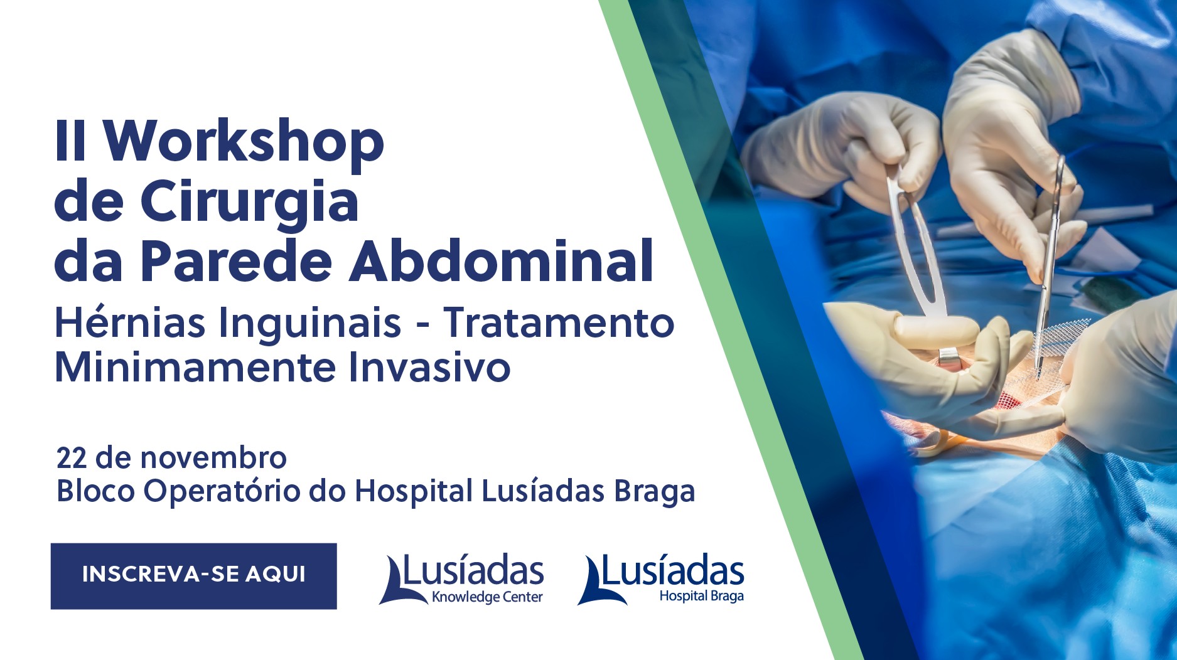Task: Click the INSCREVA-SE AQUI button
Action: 193,576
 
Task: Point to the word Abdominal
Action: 502,260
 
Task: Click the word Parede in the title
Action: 235,260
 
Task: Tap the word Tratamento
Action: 559,322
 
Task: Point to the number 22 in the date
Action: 71,458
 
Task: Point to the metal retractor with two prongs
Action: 918,263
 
